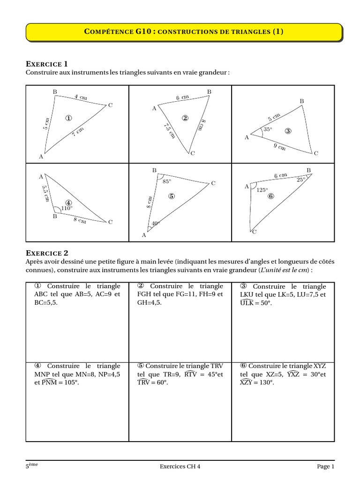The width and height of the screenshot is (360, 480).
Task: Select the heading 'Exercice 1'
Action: point(47,64)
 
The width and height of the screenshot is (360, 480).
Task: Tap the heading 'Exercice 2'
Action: point(47,253)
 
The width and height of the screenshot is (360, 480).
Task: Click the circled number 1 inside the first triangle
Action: point(68,118)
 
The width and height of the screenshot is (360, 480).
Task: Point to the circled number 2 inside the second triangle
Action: point(185,118)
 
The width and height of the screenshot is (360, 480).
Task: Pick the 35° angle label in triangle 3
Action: point(268,129)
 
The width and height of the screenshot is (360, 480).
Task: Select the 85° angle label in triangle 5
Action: point(167,181)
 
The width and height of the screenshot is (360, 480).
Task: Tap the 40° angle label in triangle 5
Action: point(156,223)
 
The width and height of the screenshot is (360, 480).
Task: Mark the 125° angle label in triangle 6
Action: point(262,190)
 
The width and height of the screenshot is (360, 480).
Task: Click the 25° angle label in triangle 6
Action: point(301,179)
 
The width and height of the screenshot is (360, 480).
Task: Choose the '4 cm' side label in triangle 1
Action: point(81,97)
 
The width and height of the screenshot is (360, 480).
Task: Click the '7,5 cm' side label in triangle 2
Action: point(169,130)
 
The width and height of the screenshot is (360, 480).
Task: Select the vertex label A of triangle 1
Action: point(41,157)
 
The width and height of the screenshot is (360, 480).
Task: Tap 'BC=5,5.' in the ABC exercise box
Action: point(46,303)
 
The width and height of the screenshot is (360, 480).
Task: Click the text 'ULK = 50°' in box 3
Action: point(255,303)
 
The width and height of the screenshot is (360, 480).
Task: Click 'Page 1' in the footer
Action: point(325,466)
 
